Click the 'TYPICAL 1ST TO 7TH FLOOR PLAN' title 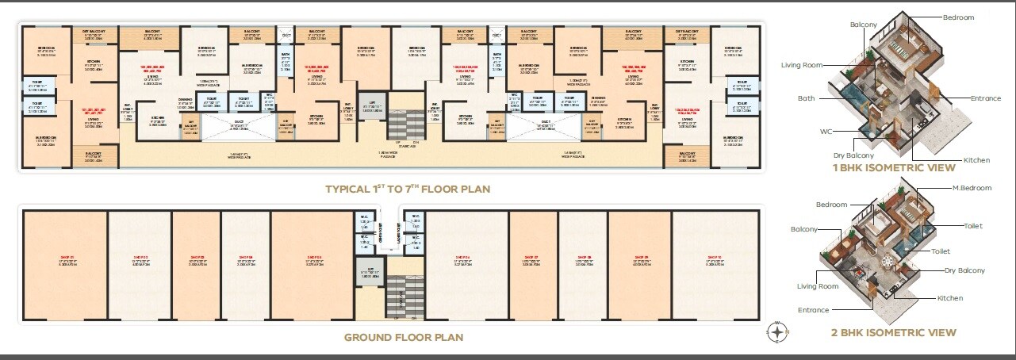coord(408,190)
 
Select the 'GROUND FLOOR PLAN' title coord(403,337)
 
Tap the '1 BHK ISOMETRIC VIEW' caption coord(893,168)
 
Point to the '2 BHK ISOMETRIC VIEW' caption coord(893,332)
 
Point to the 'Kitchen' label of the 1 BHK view coord(976,160)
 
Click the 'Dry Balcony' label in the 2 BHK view coord(964,270)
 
